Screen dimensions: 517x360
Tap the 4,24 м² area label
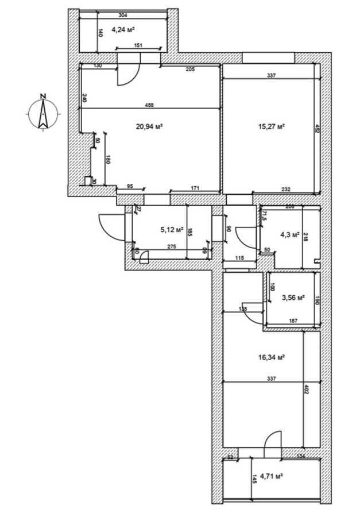pyautogui.click(x=123, y=30)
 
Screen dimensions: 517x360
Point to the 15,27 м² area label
pyautogui.click(x=273, y=126)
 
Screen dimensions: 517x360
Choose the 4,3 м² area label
pyautogui.click(x=289, y=234)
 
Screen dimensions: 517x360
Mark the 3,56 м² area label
pyautogui.click(x=293, y=298)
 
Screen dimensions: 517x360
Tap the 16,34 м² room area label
pyautogui.click(x=272, y=357)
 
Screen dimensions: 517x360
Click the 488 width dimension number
pyautogui.click(x=149, y=105)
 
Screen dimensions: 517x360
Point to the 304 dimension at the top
pyautogui.click(x=122, y=16)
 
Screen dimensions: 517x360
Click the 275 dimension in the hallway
pyautogui.click(x=171, y=247)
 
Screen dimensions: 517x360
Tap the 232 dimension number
pyautogui.click(x=285, y=189)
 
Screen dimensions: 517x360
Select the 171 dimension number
pyautogui.click(x=195, y=188)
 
